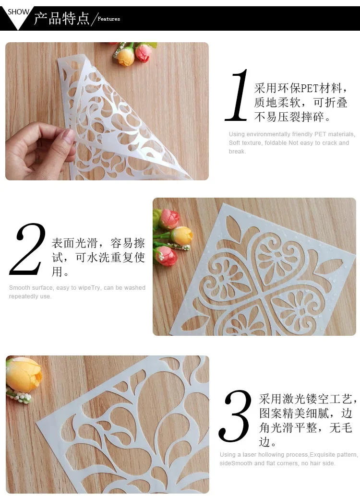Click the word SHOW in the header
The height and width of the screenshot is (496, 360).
(x=18, y=12)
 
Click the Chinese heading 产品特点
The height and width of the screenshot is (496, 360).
(x=61, y=18)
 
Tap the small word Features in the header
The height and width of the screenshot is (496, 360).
(x=109, y=19)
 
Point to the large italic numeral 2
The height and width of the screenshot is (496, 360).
(x=29, y=249)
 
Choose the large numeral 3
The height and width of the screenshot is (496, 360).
(x=235, y=416)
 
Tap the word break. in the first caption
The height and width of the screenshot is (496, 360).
(x=237, y=152)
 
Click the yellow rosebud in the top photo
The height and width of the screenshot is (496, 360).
(x=125, y=56)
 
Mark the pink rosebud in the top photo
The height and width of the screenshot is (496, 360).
(x=143, y=52)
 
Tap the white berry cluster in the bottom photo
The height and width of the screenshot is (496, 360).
(x=20, y=397)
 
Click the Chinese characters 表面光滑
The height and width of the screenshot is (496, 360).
(x=79, y=243)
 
